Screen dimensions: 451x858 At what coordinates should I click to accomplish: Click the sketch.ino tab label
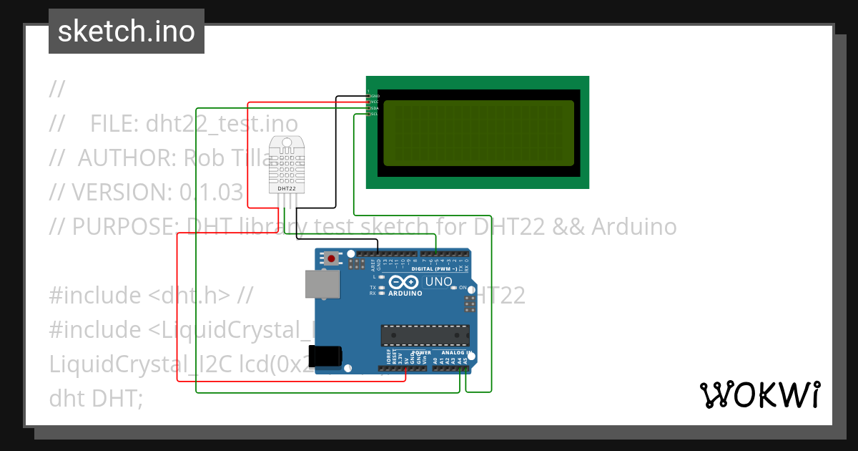click(x=127, y=31)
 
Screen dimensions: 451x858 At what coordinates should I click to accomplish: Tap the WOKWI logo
click(x=759, y=395)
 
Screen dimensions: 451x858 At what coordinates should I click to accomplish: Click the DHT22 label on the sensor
click(x=286, y=188)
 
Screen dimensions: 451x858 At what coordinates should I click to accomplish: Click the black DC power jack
click(x=325, y=357)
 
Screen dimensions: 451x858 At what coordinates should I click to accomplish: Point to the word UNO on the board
click(x=438, y=282)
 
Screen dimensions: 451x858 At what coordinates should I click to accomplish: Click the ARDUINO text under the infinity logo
click(x=405, y=294)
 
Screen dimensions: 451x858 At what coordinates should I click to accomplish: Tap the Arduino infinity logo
click(x=404, y=283)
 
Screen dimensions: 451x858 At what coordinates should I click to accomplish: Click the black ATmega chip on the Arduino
click(x=425, y=335)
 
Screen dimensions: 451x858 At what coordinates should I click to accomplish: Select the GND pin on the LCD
click(x=370, y=96)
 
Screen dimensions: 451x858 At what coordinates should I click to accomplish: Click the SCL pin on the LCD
click(x=370, y=114)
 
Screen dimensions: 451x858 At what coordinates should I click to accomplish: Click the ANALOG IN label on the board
click(x=455, y=353)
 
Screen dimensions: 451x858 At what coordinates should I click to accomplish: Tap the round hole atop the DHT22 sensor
click(x=287, y=143)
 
